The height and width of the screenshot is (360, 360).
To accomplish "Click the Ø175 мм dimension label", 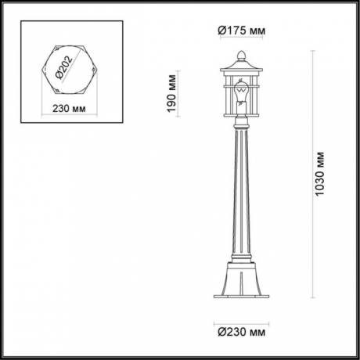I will point(240,30).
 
